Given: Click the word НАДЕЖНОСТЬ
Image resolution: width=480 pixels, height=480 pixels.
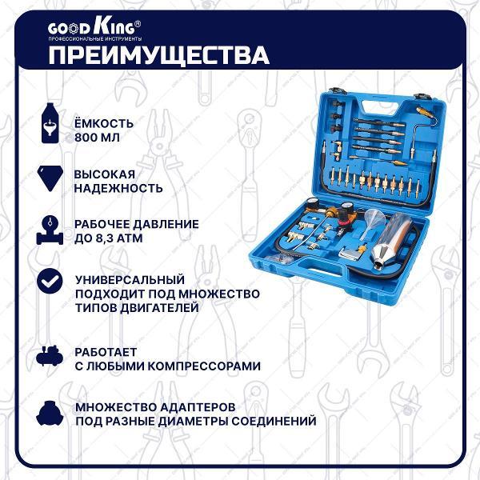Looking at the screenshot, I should [118, 189].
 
